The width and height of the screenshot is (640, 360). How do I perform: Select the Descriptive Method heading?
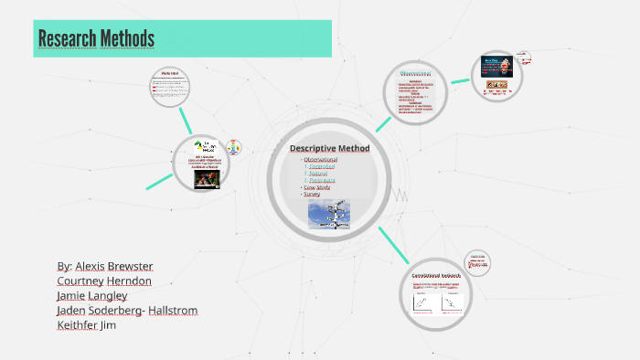click(329, 149)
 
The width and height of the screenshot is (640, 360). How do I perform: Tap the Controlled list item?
click(322, 167)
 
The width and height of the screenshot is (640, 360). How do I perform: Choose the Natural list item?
click(318, 174)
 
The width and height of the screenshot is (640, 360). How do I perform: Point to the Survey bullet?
click(314, 194)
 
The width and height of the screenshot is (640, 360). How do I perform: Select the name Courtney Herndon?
click(104, 281)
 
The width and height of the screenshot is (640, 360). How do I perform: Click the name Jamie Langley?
click(91, 295)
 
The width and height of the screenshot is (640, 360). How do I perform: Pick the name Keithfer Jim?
click(86, 324)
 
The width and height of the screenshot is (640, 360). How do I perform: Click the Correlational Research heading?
click(437, 274)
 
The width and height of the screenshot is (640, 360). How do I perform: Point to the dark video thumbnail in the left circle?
click(206, 179)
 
